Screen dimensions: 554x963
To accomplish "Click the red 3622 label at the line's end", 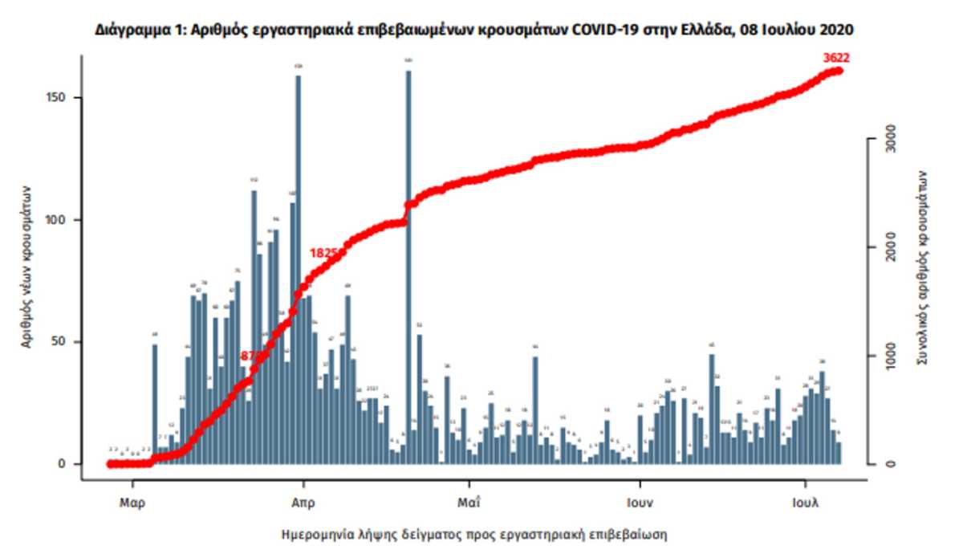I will pyautogui.click(x=835, y=57).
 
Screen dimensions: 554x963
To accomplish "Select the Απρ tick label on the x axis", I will pyautogui.click(x=303, y=504).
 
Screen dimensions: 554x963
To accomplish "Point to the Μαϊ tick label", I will pyautogui.click(x=469, y=504).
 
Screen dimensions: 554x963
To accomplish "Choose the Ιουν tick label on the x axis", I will pyautogui.click(x=640, y=504).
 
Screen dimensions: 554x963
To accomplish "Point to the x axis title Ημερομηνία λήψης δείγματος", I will pyautogui.click(x=474, y=533).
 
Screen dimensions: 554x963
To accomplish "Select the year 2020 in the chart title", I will pyautogui.click(x=836, y=30).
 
